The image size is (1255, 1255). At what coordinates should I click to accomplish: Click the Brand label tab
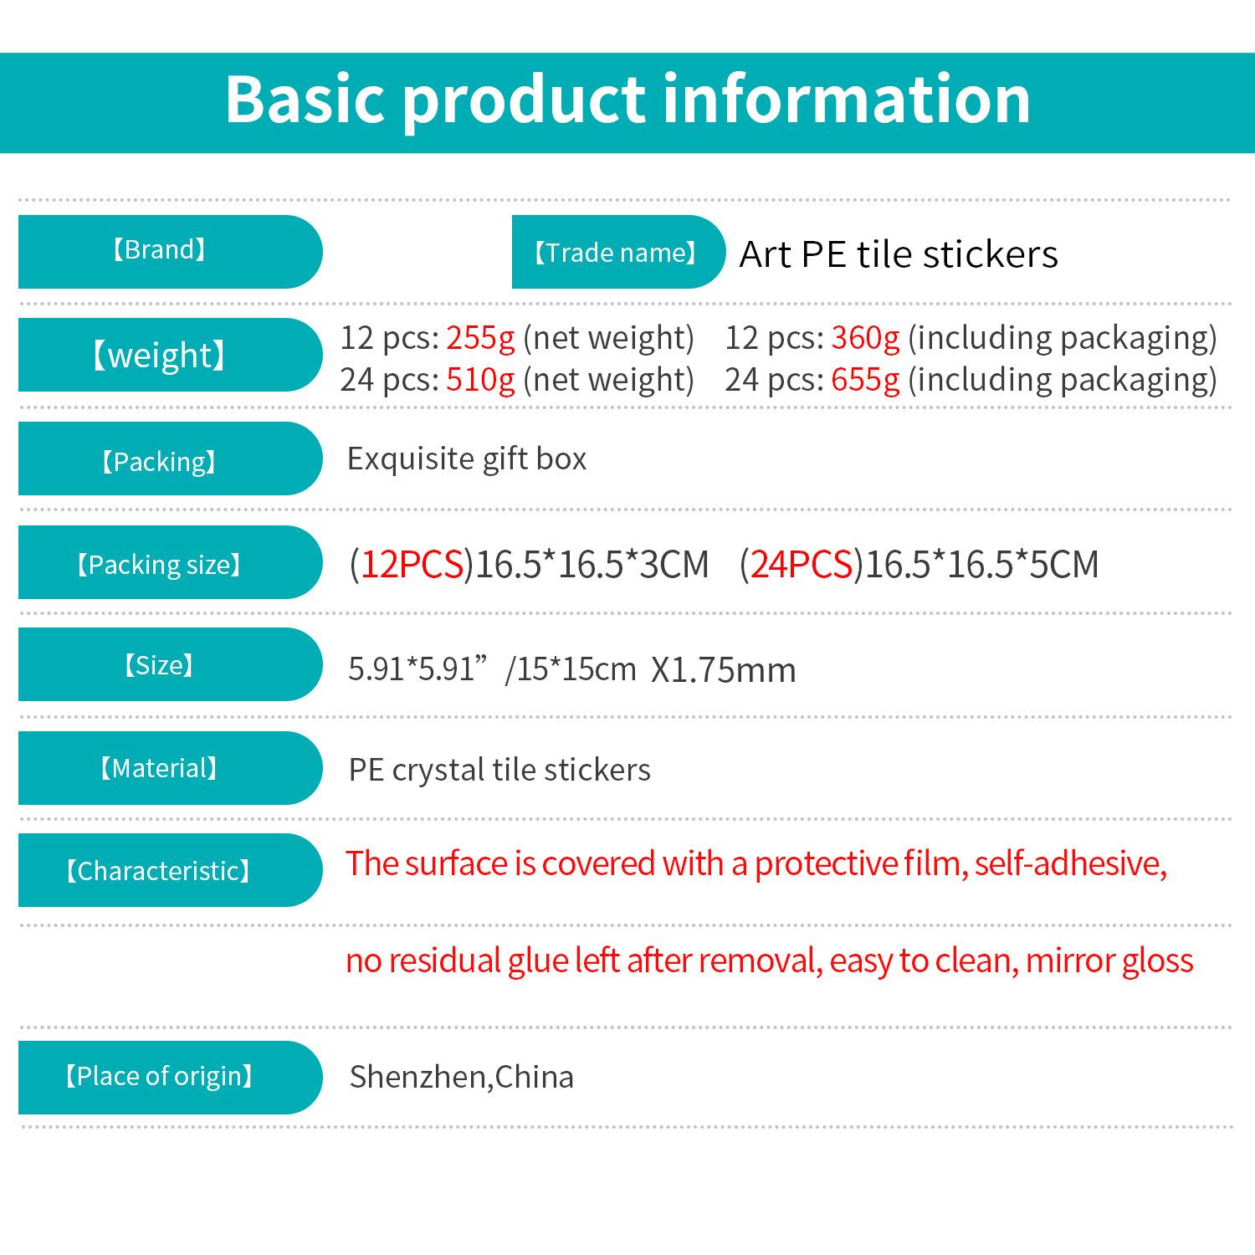tap(170, 252)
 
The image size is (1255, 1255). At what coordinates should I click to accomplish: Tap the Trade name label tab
tap(618, 252)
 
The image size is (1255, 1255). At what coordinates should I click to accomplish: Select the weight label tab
tap(170, 355)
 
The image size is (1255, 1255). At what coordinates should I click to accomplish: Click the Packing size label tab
tap(170, 562)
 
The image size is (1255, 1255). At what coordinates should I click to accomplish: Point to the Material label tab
tap(170, 768)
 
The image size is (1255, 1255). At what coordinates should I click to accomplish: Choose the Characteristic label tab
tap(170, 870)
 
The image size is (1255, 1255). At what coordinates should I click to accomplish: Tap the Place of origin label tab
tap(170, 1077)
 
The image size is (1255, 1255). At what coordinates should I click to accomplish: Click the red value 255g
tap(480, 338)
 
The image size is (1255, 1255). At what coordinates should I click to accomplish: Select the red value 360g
tap(865, 338)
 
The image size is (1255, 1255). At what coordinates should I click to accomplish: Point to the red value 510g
tap(480, 380)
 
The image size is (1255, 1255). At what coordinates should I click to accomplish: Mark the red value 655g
tap(865, 380)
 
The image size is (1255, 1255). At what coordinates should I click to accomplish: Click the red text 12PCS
tap(412, 564)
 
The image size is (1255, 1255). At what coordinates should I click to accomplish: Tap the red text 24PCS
tap(802, 564)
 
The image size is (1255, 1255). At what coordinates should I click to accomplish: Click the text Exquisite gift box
tap(467, 459)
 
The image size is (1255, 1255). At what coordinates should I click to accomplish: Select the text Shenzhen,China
tap(462, 1077)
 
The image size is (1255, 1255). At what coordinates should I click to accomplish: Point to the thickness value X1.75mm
tap(723, 670)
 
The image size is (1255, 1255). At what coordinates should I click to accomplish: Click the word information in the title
tap(847, 99)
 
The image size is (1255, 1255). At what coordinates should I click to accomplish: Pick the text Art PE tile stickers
tap(899, 254)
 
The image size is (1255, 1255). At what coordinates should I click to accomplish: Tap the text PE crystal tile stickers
tap(499, 770)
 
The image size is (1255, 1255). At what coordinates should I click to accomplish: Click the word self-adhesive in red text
tap(1070, 863)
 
